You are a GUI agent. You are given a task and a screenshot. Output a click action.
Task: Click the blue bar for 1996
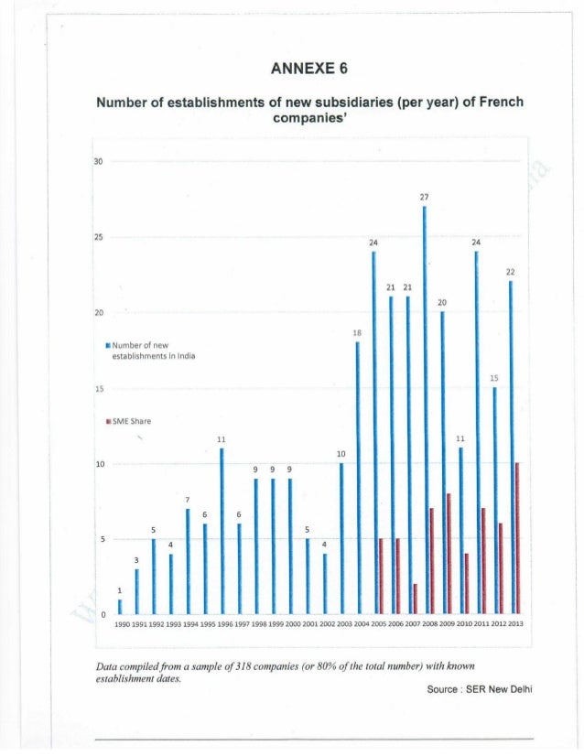(x=222, y=531)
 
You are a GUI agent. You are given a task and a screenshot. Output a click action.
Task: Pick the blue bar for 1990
(x=119, y=606)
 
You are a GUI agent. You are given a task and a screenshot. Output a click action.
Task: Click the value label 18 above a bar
(x=357, y=333)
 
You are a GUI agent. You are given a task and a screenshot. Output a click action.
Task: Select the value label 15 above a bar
(x=494, y=377)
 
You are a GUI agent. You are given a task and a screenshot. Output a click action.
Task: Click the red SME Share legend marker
(x=107, y=422)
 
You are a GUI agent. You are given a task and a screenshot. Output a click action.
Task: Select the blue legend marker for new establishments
(x=107, y=345)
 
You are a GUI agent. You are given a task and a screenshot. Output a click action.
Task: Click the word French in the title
(x=497, y=102)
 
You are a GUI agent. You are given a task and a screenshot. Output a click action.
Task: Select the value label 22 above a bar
(x=511, y=273)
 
